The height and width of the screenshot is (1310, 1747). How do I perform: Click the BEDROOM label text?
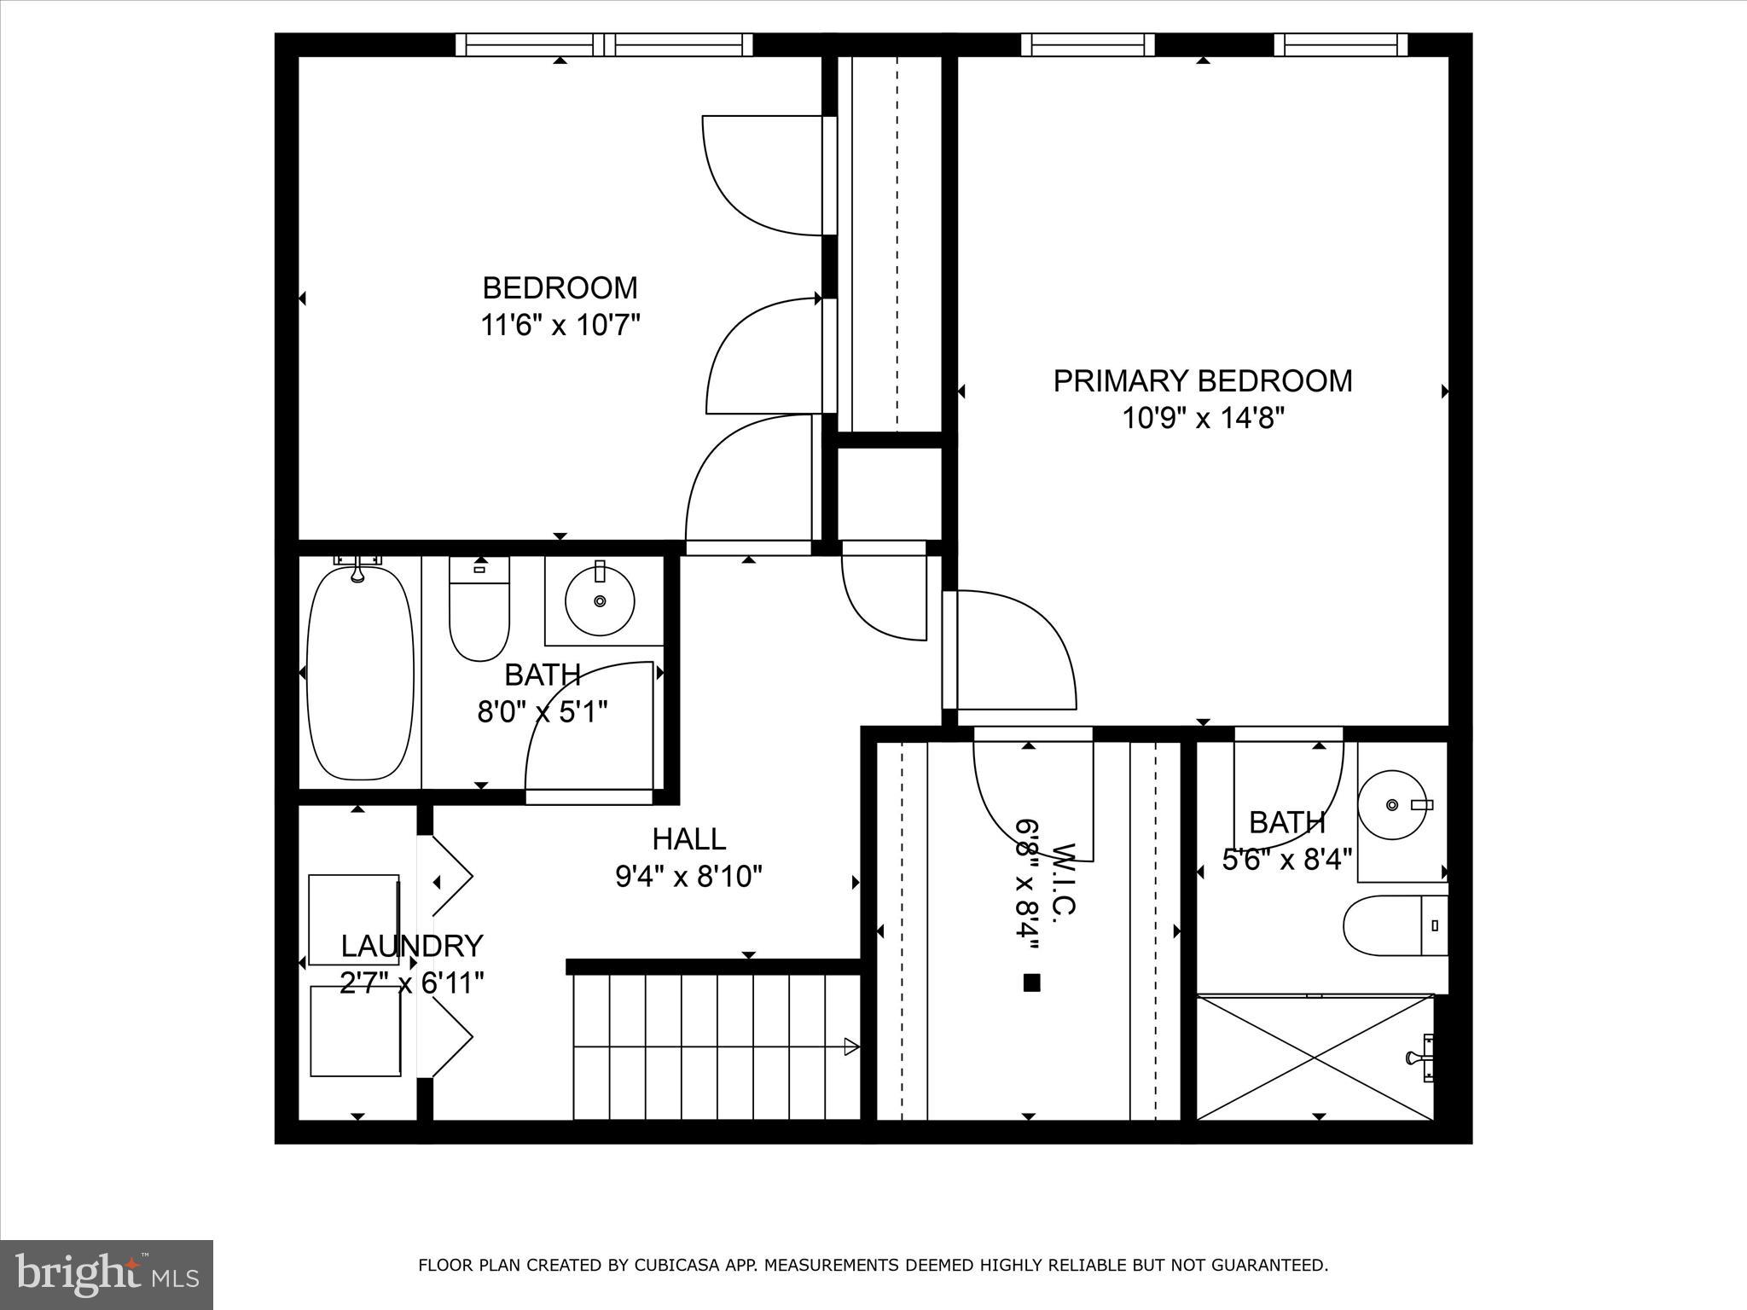[560, 288]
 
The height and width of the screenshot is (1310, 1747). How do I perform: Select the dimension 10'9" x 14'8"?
[1202, 419]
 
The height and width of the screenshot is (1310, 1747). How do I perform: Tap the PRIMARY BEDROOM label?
[1202, 380]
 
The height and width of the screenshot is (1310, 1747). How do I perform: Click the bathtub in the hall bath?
[360, 674]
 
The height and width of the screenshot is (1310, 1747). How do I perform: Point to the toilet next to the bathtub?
[479, 611]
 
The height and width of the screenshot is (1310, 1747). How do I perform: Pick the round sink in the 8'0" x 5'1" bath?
[600, 601]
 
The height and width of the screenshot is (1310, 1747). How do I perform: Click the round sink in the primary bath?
[1392, 804]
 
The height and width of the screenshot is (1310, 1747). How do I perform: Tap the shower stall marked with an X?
[1315, 1058]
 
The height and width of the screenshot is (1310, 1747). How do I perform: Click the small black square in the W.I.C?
[1031, 982]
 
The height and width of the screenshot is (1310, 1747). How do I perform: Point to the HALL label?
[688, 839]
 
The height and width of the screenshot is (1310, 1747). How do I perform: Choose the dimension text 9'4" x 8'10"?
[688, 877]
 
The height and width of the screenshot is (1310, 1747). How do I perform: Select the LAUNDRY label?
[412, 946]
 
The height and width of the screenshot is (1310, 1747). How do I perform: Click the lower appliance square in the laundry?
[355, 1031]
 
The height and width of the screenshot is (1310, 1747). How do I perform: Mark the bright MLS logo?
[106, 1274]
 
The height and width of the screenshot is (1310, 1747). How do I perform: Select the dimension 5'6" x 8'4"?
[1287, 860]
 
